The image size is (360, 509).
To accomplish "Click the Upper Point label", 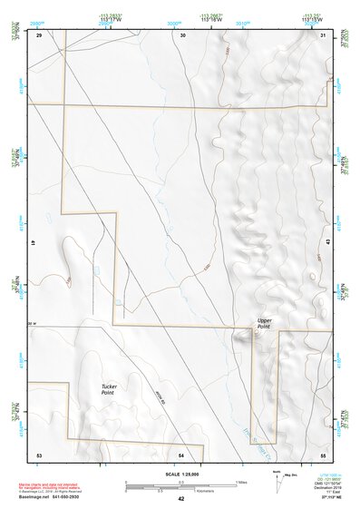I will [x=264, y=322].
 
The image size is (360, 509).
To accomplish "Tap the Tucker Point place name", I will [x=107, y=389].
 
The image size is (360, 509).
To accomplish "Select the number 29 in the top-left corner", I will [x=40, y=35].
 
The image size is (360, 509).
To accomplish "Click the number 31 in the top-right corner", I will [x=324, y=35].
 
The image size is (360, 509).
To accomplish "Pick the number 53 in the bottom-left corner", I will [x=39, y=453].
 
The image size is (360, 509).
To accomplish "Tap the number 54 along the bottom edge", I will [x=182, y=453].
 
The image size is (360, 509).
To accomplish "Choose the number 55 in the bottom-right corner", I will [x=323, y=453].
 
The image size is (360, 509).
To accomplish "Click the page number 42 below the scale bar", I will [x=181, y=499].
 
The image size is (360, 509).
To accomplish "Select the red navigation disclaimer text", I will [x=69, y=483].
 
